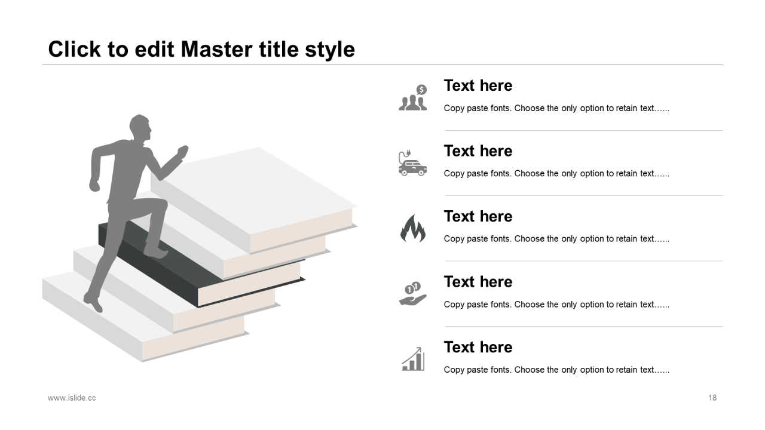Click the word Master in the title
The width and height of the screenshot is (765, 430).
(216, 49)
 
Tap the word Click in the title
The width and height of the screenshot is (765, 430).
(75, 49)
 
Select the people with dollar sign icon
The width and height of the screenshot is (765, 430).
(413, 97)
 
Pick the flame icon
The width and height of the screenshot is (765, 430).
(413, 228)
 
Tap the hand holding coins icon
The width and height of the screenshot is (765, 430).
(412, 293)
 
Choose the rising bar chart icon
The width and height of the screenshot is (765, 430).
(413, 359)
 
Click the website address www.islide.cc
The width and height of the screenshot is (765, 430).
(72, 398)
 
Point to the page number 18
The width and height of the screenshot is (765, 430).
(712, 398)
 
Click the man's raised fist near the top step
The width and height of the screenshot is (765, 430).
(183, 152)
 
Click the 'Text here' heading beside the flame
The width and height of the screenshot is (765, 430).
(478, 216)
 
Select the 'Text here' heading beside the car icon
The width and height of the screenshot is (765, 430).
(478, 151)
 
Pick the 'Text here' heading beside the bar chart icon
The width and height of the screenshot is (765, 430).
(478, 347)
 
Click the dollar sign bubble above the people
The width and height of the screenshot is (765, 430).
(422, 90)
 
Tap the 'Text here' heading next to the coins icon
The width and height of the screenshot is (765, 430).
(478, 282)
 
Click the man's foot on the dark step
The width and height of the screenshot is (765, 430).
(156, 253)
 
